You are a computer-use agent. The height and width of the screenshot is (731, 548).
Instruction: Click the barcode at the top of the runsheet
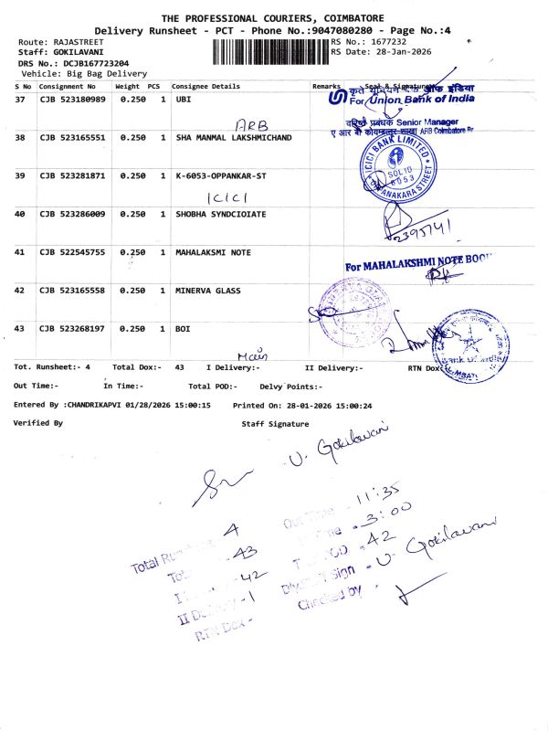[x=269, y=51]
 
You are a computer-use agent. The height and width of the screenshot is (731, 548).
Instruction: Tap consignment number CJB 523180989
[x=72, y=98]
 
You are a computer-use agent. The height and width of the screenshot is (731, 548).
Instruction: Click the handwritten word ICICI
[x=222, y=196]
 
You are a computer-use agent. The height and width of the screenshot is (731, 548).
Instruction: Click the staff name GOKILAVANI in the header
[x=76, y=52]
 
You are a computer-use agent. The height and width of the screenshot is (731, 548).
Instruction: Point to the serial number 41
[x=20, y=251]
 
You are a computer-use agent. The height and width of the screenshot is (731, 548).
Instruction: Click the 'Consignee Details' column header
[x=207, y=86]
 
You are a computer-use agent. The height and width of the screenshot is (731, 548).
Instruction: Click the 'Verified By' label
[x=38, y=423]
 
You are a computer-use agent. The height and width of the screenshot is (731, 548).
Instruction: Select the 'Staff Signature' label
[x=275, y=424]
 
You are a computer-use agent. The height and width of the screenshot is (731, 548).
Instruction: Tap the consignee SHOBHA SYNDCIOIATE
[x=220, y=214]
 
